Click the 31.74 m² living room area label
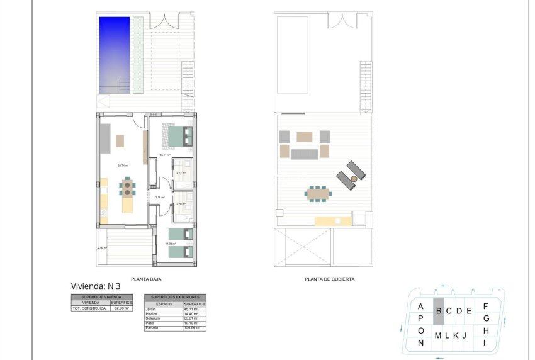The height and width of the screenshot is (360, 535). click(123, 166)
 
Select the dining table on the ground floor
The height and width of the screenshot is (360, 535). click(128, 187)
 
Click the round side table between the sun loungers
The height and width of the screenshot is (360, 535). click(354, 179)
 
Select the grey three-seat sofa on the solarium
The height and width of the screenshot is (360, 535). click(305, 154)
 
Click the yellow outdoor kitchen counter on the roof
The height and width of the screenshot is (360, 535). click(333, 220)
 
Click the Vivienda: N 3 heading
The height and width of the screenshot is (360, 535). click(96, 286)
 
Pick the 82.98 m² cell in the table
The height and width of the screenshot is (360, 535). click(121, 308)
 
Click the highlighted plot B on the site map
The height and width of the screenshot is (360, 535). click(439, 311)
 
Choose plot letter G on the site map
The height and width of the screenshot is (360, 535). click(486, 318)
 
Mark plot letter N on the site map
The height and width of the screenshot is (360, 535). click(420, 343)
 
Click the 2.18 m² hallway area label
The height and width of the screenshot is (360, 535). click(160, 197)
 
